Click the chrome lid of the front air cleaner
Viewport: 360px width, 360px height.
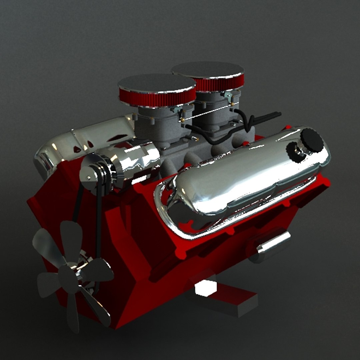point(157,83)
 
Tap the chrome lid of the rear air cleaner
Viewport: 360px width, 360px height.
point(207,69)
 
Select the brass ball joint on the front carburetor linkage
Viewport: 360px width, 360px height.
point(183,120)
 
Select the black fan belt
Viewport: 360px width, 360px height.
point(99,227)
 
